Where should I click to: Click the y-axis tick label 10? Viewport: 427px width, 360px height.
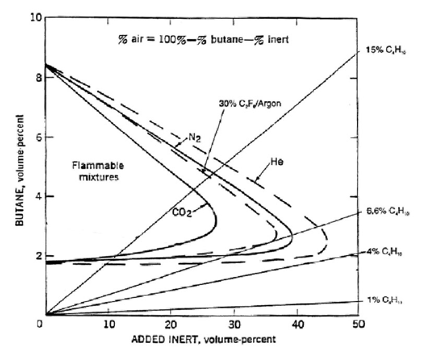click(x=34, y=18)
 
